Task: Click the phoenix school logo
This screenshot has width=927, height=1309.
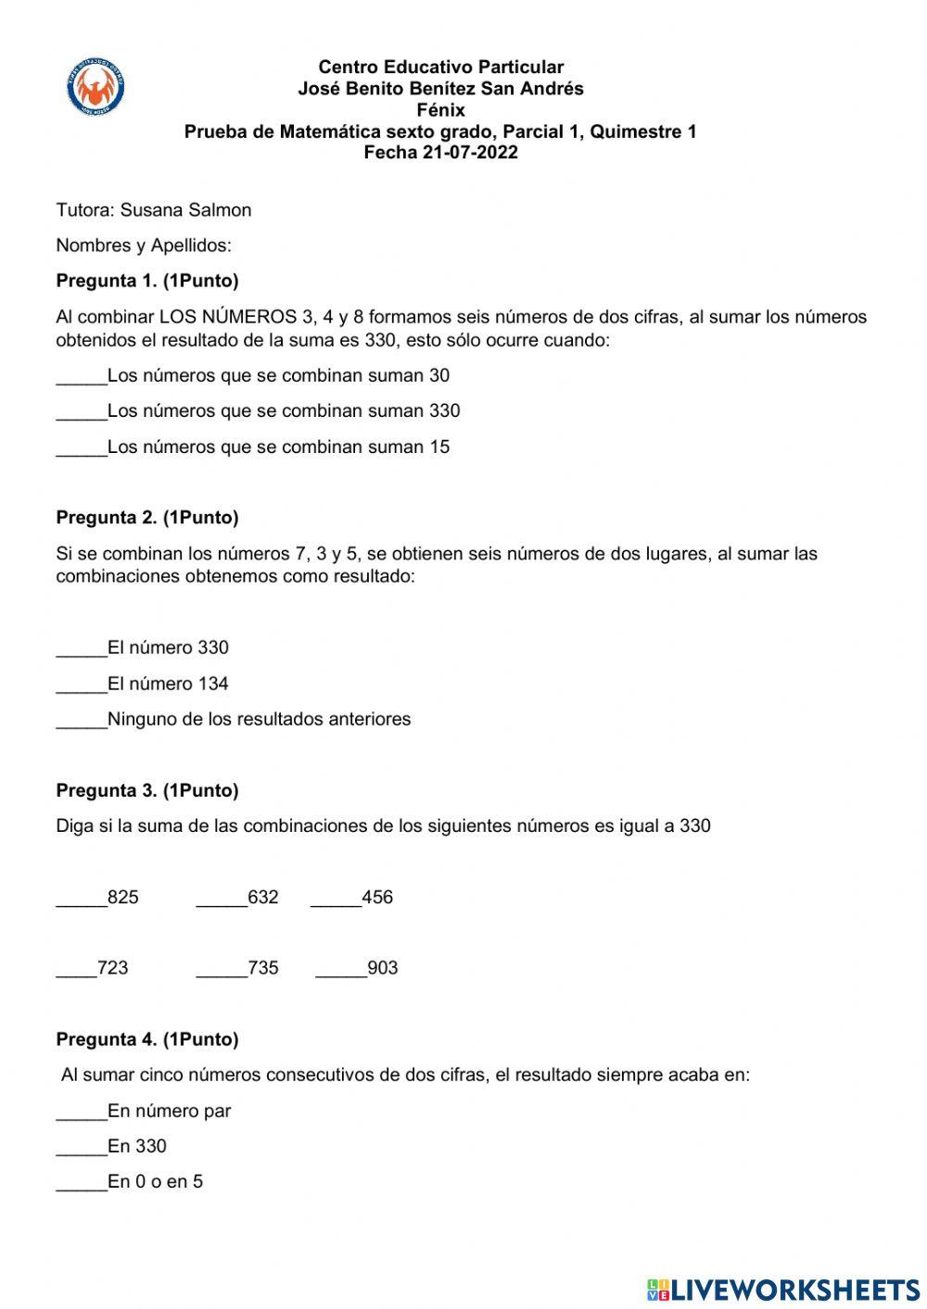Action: tap(96, 88)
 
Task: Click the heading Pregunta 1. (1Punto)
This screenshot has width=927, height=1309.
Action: tap(147, 281)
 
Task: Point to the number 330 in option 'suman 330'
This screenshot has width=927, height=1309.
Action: tap(444, 410)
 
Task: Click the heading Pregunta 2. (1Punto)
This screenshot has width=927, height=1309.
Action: tap(147, 518)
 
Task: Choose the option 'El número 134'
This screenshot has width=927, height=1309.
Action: tap(168, 684)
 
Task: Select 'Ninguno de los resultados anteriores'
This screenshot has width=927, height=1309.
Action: tap(259, 719)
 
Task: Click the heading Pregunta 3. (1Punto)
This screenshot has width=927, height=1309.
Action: tap(147, 790)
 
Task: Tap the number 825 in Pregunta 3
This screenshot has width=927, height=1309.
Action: tap(123, 897)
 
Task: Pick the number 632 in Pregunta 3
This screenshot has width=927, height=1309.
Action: tap(263, 897)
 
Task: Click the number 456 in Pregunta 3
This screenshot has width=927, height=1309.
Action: tap(377, 897)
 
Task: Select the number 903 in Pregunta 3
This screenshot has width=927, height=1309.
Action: tap(383, 968)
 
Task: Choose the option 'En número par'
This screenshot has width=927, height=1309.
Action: tap(169, 1111)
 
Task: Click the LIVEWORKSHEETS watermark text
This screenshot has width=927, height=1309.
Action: tap(794, 1290)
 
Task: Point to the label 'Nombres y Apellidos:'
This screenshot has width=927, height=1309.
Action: tap(144, 245)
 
